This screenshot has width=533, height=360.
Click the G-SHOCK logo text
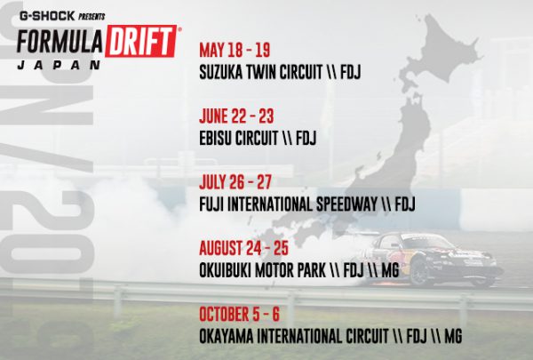[47, 16]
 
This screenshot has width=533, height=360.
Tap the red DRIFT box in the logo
[140, 41]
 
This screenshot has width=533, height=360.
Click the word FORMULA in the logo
[60, 42]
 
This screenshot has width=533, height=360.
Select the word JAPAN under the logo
[60, 65]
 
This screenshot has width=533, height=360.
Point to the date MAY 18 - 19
[235, 51]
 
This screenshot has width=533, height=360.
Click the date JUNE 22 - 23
[236, 116]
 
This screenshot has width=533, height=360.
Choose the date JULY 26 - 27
[235, 182]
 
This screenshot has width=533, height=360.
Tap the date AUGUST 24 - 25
[243, 248]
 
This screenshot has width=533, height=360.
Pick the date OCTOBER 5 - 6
[239, 314]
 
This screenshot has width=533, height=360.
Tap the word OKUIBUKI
[225, 270]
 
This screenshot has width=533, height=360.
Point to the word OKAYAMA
[227, 336]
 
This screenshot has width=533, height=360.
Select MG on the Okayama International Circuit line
[453, 336]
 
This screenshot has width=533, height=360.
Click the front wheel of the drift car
[420, 273]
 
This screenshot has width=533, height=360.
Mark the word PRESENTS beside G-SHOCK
[91, 16]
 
